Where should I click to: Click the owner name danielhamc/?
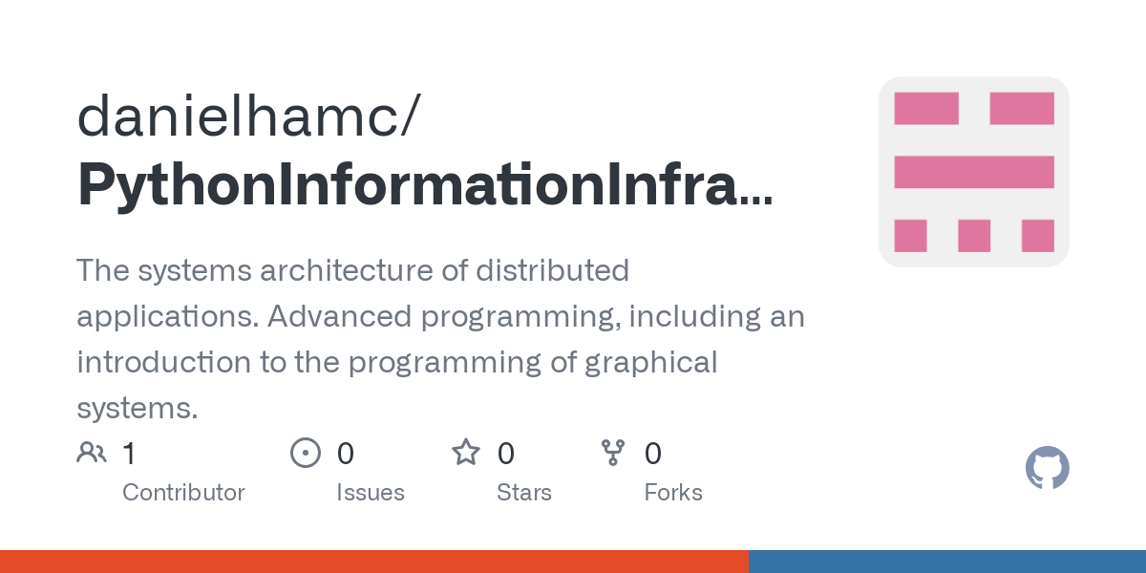(246, 117)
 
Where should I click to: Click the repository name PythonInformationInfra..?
(425, 183)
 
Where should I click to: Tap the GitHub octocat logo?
(1047, 468)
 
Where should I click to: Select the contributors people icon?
(92, 453)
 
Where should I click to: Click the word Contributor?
(183, 493)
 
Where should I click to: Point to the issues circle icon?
(305, 453)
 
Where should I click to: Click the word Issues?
(370, 493)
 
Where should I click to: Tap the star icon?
(466, 453)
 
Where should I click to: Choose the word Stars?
(523, 493)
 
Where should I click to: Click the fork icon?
(612, 453)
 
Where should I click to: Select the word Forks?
(673, 493)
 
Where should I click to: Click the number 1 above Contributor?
(129, 454)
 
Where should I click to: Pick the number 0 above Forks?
(653, 454)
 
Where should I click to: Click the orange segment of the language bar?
(373, 562)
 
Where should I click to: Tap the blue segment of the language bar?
(946, 562)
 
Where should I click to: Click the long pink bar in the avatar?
(973, 172)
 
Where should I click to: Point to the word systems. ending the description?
(137, 409)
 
